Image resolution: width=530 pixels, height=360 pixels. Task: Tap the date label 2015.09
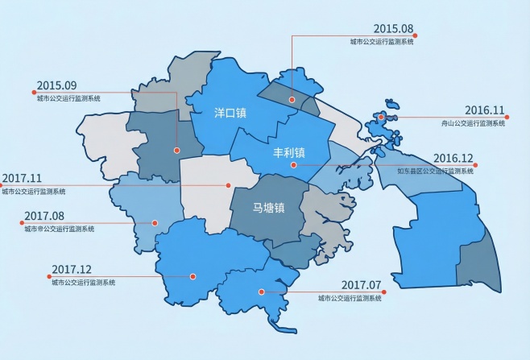pos(56,85)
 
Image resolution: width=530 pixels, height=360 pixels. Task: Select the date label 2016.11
pos(484,110)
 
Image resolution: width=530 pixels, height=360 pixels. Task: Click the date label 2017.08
pos(44,216)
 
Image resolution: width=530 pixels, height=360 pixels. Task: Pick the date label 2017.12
pos(72,269)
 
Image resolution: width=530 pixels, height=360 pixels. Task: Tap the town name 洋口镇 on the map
pos(230,113)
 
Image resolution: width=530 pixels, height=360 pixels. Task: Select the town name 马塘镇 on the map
pos(269,208)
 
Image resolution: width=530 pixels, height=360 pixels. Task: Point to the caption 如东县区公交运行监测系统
pos(436,171)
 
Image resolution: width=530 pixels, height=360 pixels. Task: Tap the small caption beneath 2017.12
pos(83,283)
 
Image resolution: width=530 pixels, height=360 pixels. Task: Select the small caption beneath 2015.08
pos(382,41)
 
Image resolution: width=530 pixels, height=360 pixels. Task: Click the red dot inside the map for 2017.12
pos(193,276)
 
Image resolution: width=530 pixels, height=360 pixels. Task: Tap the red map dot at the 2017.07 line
pos(260,292)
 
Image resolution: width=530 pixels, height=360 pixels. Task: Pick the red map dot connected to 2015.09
pos(176,150)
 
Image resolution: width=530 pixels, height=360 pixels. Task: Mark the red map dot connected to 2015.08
pos(292,101)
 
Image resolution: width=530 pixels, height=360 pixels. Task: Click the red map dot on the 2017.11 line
pos(229,185)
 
